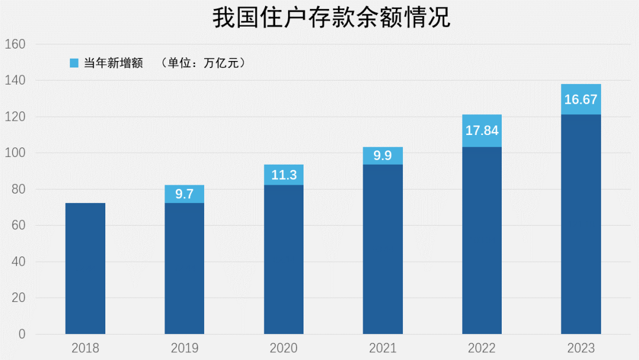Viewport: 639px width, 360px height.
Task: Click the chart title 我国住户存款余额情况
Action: point(331,18)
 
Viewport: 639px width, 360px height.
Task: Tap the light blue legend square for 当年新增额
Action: point(74,63)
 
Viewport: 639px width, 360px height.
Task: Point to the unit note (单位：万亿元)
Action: point(203,63)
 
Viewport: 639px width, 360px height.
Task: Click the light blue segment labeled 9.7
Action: point(184,194)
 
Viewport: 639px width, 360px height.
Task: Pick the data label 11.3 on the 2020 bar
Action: point(283,175)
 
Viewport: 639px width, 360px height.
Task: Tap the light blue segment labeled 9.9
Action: point(383,156)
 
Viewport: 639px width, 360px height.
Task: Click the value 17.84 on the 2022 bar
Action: point(482,131)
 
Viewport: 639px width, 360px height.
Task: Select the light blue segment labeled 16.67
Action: point(580,99)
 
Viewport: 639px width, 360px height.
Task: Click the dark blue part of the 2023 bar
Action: point(580,225)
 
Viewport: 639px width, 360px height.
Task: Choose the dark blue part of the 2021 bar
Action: point(383,249)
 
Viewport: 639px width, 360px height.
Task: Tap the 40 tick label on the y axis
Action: point(18,262)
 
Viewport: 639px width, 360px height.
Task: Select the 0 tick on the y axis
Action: point(22,335)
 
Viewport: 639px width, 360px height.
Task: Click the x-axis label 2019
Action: point(184,348)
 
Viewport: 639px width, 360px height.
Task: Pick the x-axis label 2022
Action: point(482,348)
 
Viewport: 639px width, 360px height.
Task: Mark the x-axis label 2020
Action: point(283,348)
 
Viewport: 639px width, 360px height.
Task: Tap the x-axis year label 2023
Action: point(580,348)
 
